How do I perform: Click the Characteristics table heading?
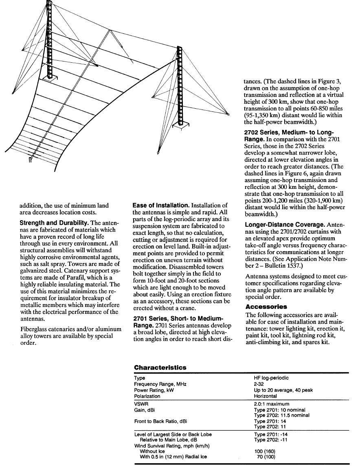160,368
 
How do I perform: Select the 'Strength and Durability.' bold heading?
55,223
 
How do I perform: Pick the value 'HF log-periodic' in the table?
271,378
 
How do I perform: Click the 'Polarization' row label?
147,396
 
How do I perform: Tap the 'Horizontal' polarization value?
265,396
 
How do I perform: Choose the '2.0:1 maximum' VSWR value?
271,404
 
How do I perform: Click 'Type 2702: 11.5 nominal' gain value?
281,415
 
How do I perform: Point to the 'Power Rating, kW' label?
153,390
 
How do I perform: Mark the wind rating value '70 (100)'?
266,457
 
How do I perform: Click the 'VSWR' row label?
141,404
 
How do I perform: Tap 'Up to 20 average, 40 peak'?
283,390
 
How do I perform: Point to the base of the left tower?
51,78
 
